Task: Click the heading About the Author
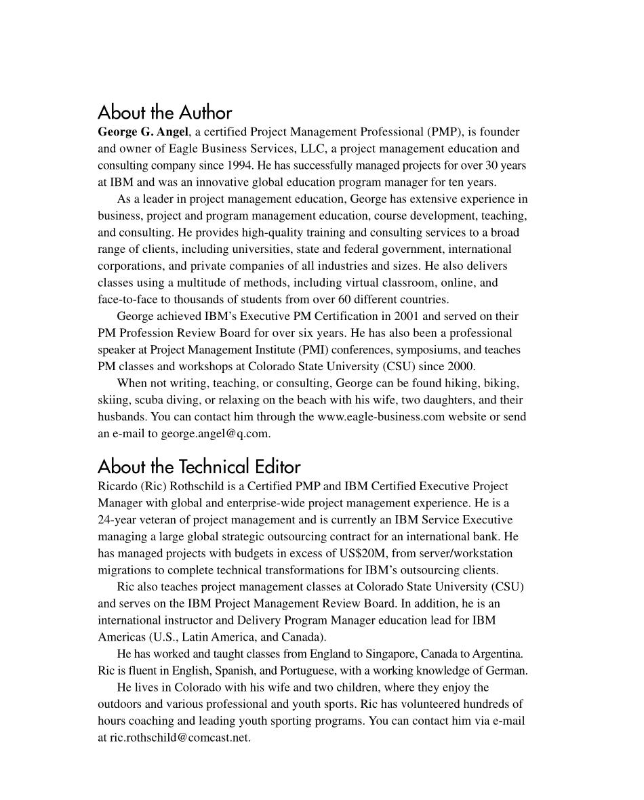(165, 113)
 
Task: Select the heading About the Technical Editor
(199, 466)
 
